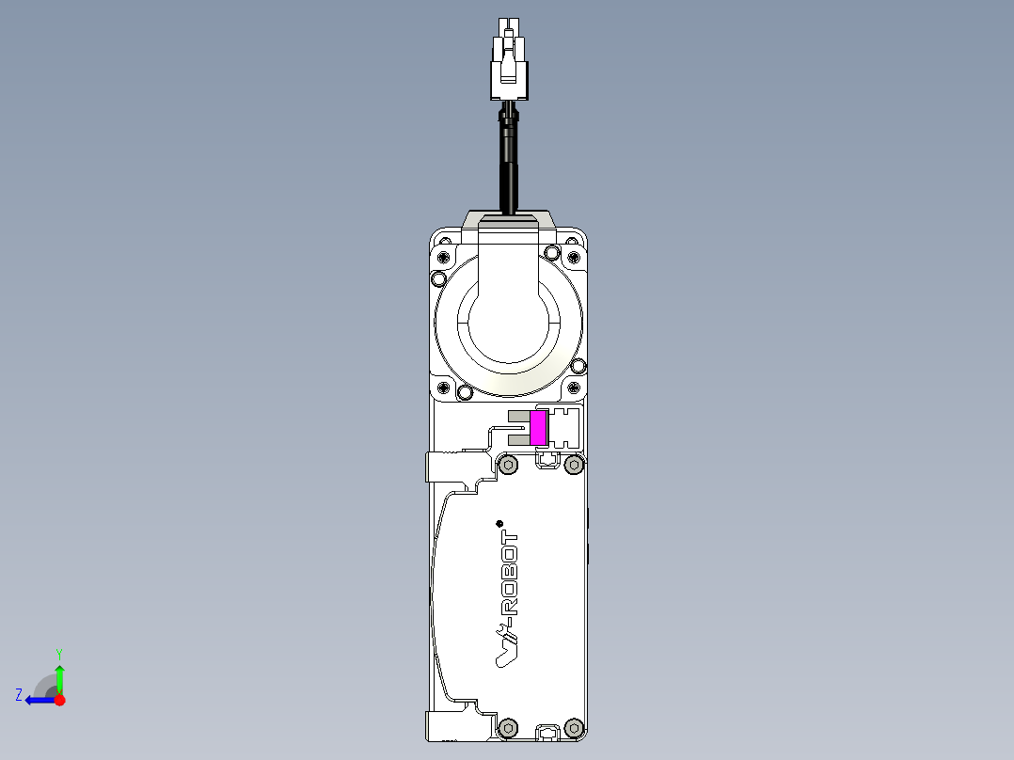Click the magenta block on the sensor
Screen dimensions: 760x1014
tap(538, 428)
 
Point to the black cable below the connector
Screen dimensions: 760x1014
tap(509, 160)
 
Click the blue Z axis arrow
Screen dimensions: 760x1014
tap(38, 700)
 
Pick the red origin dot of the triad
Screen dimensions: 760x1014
tap(59, 700)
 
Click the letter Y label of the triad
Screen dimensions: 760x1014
tap(59, 653)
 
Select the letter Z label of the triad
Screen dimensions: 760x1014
tap(19, 695)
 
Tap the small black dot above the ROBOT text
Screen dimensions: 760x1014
tap(499, 523)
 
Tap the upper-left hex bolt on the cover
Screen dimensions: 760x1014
tap(509, 465)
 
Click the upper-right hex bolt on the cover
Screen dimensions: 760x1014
tap(574, 465)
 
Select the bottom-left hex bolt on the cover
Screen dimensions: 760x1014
tap(509, 727)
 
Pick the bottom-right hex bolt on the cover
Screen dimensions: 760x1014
tap(574, 727)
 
